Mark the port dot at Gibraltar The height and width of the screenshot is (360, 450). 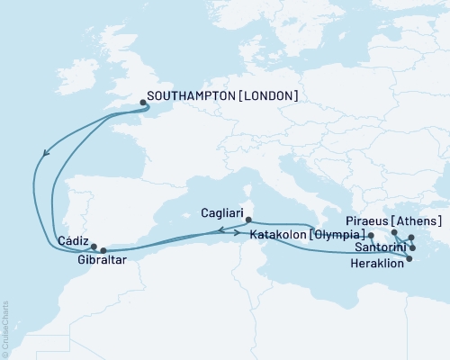(x=103, y=250)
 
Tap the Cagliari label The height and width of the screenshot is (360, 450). (x=217, y=215)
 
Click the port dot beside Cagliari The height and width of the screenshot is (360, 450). (x=247, y=219)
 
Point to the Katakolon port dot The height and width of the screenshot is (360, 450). (x=371, y=235)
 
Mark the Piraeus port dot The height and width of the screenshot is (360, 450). (x=394, y=233)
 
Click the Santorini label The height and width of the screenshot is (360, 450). (x=379, y=247)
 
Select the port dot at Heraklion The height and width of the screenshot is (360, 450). (x=409, y=259)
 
